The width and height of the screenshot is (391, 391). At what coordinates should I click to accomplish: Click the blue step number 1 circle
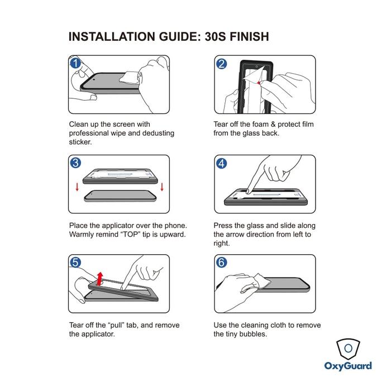tap(75, 63)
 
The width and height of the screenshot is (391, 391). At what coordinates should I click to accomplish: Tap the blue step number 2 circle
tap(221, 64)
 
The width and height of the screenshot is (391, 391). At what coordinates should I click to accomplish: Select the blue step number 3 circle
tap(75, 163)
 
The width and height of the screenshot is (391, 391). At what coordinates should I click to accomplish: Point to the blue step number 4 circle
tap(221, 164)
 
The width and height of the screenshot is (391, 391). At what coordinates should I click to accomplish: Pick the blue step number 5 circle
tap(75, 263)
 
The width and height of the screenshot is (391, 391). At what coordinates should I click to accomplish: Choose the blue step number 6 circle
tap(221, 263)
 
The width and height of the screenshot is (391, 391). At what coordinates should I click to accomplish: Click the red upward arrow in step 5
tap(100, 279)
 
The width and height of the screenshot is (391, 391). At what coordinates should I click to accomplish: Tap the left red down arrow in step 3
tap(77, 187)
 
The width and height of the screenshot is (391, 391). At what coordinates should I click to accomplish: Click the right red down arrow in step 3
tap(162, 187)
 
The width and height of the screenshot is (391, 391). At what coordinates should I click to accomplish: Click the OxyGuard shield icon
tap(348, 349)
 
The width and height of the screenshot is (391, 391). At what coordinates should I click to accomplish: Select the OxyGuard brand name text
tap(348, 366)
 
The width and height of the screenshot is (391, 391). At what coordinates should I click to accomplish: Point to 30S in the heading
tap(215, 37)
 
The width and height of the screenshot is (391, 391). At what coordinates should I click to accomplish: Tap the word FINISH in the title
tap(249, 37)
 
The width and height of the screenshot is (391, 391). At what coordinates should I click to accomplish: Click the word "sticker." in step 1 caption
tap(80, 142)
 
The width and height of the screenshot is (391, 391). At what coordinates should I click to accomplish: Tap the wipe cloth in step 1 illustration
tap(130, 77)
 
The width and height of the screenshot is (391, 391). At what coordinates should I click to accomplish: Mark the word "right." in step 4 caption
tap(222, 244)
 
